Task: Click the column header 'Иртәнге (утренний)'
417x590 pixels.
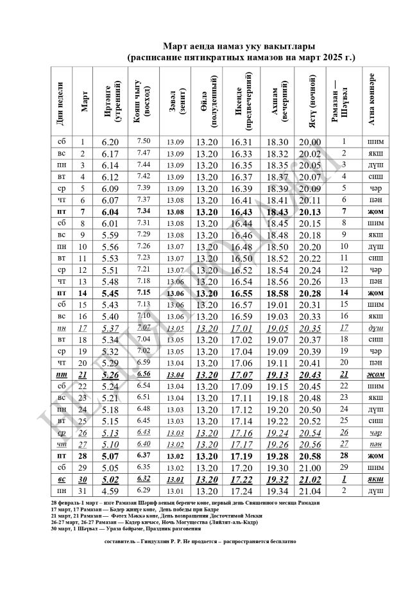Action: (x=110, y=101)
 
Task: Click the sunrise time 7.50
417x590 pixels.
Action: (x=143, y=141)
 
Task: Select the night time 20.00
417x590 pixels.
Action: (x=310, y=142)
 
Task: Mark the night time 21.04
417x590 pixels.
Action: (x=310, y=491)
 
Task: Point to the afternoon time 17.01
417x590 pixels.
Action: (x=241, y=328)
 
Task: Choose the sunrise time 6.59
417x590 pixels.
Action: (x=143, y=363)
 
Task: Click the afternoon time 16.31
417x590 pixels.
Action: (x=241, y=142)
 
